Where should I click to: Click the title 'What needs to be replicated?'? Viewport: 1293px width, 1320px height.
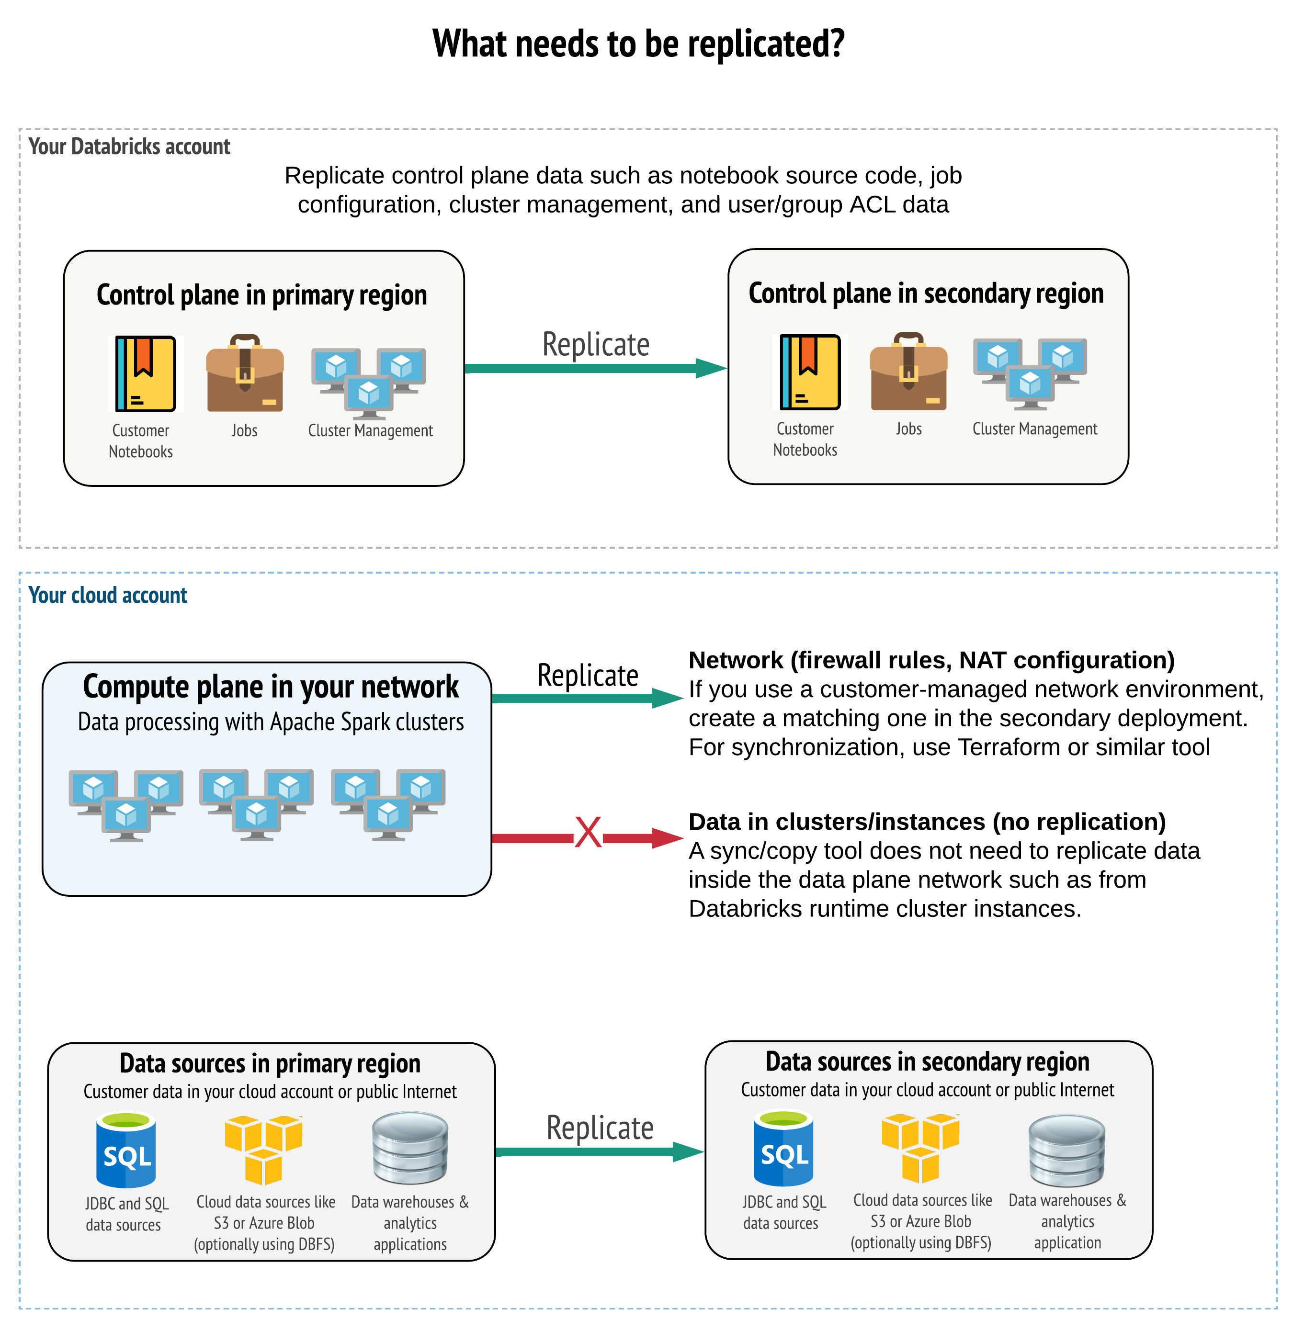[x=638, y=44]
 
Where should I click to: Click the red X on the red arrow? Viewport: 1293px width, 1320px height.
[x=588, y=833]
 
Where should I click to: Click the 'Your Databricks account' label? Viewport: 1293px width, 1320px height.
[x=129, y=147]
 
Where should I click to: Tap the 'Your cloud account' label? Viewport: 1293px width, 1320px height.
[x=107, y=596]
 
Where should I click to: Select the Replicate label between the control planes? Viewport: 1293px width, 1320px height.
[x=596, y=344]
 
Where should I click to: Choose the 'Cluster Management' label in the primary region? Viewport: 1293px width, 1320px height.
[x=370, y=430]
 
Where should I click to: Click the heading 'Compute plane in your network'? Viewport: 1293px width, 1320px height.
[x=270, y=687]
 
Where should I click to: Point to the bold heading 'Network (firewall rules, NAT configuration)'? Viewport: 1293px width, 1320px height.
[x=931, y=660]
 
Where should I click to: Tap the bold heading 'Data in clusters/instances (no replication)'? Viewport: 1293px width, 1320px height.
[x=927, y=822]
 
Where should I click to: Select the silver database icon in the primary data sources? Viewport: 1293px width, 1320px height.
[x=410, y=1148]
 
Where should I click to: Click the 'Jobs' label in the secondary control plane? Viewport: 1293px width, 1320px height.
[x=908, y=429]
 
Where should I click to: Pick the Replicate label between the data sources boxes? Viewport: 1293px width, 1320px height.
[x=600, y=1128]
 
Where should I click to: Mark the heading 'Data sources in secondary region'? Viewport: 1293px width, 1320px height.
[x=927, y=1061]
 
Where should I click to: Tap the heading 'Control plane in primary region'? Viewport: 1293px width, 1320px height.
[x=261, y=295]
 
